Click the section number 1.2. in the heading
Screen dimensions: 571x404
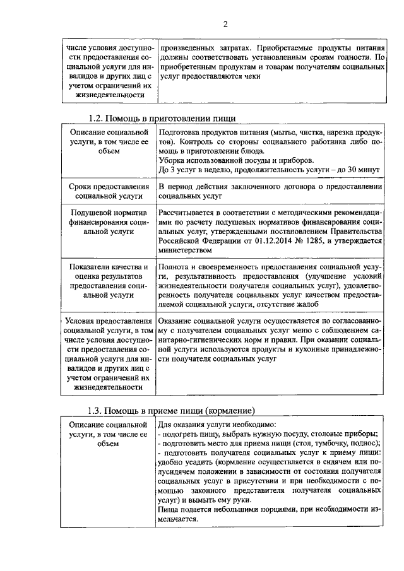pos(96,118)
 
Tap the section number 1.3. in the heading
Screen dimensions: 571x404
pos(96,409)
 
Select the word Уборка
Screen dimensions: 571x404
pos(172,160)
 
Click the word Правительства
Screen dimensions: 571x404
pos(354,231)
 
